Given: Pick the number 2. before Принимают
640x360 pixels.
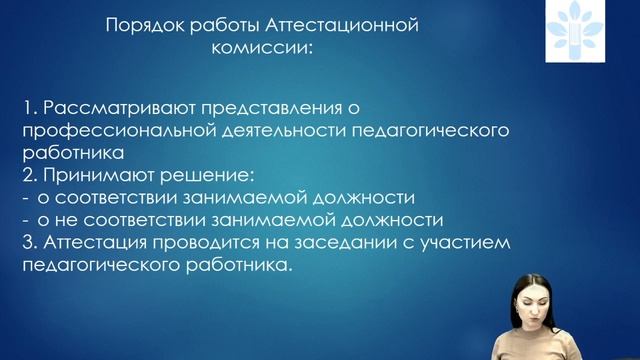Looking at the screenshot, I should pyautogui.click(x=27, y=176).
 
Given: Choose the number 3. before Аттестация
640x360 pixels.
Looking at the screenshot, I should pyautogui.click(x=27, y=242).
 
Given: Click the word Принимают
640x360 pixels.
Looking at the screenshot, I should pyautogui.click(x=92, y=176).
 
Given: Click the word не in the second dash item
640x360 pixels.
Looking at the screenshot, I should pyautogui.click(x=68, y=220).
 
